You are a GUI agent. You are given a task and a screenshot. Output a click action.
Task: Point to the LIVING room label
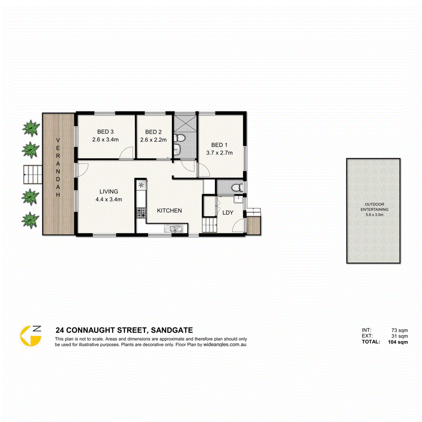pyautogui.click(x=106, y=192)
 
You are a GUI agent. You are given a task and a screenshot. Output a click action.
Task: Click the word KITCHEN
pyautogui.click(x=169, y=211)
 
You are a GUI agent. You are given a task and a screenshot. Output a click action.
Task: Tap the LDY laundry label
pyautogui.click(x=227, y=212)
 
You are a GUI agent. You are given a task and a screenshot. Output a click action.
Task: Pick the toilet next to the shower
pyautogui.click(x=180, y=137)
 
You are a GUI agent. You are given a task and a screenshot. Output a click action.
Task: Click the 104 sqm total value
pyautogui.click(x=398, y=342)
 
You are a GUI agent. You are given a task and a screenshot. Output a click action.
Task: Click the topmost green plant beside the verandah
pyautogui.click(x=30, y=128)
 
